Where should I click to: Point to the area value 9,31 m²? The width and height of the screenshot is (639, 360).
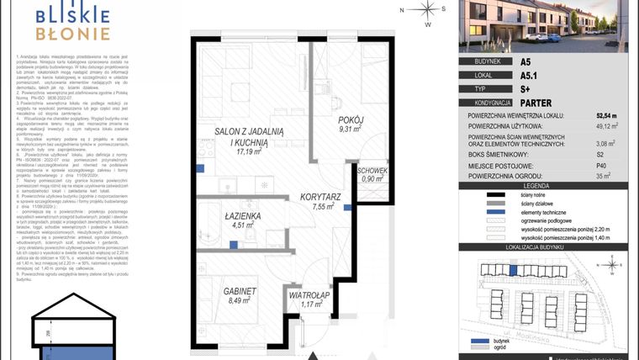tap(349, 130)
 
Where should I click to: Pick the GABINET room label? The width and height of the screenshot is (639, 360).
tap(240, 291)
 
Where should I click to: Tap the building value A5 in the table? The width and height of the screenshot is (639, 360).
tap(525, 61)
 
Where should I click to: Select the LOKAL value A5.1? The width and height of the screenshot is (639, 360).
tap(529, 74)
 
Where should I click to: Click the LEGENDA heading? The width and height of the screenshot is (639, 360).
tap(547, 185)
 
